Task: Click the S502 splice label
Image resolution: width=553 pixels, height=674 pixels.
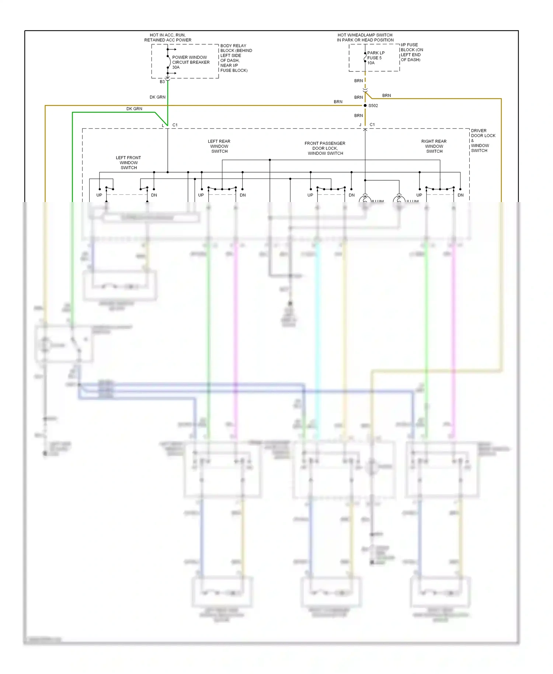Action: (373, 105)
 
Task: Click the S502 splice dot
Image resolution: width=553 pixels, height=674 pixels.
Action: (365, 105)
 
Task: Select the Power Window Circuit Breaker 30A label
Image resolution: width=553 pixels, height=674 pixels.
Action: (191, 62)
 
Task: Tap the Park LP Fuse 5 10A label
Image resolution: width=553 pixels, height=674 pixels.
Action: (376, 58)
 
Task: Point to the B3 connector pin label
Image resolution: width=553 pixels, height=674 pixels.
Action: (162, 82)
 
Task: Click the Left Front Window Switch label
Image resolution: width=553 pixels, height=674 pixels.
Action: (128, 163)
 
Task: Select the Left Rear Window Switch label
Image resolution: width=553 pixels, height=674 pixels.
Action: (219, 146)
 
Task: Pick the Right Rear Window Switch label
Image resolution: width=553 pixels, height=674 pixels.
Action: (434, 146)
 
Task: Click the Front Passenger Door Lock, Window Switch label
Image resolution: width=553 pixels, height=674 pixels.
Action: (325, 148)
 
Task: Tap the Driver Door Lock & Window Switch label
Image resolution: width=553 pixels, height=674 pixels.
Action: (483, 140)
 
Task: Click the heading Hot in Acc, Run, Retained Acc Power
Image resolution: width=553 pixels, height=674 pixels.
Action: (168, 38)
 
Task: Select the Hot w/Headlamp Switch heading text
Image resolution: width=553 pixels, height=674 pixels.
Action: (365, 38)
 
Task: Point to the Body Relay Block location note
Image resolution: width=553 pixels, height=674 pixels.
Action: (236, 58)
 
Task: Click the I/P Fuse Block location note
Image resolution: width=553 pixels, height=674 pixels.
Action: (412, 52)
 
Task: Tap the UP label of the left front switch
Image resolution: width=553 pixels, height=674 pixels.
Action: (99, 195)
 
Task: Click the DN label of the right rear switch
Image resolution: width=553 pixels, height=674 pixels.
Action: (460, 195)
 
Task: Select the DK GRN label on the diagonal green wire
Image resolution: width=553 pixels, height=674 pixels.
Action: (134, 109)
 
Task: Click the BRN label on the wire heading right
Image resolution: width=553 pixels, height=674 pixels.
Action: (386, 95)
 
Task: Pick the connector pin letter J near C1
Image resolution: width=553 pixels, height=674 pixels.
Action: (360, 125)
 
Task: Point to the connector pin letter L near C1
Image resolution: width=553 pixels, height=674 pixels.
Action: (163, 126)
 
